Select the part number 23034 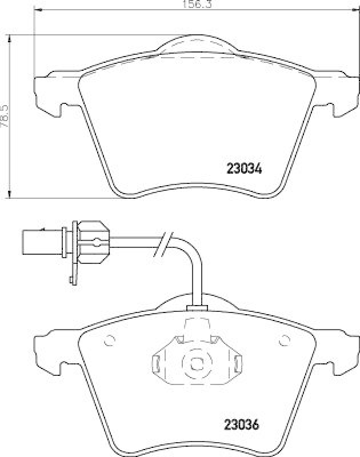244,169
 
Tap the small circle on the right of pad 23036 281,342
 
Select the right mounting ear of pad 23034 339,91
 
